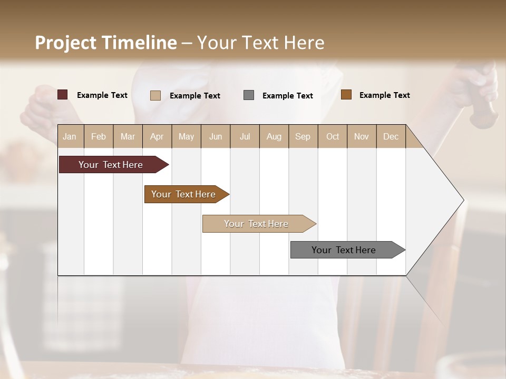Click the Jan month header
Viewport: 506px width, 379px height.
(70, 137)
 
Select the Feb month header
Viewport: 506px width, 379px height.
(99, 137)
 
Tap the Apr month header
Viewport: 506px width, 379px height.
(157, 137)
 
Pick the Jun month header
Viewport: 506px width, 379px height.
(216, 137)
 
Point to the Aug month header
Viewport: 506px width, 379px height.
(274, 137)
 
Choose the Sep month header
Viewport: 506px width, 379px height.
(303, 137)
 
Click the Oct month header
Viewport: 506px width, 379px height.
(333, 137)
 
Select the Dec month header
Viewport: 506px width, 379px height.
(391, 137)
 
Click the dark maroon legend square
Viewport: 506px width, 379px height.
(63, 95)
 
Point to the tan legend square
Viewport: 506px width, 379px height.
(155, 95)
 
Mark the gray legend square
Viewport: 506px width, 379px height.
(249, 95)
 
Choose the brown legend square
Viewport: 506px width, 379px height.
(346, 95)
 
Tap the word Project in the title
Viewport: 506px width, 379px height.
(65, 43)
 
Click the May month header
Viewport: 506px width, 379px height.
(186, 137)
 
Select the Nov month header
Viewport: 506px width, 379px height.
(362, 137)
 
